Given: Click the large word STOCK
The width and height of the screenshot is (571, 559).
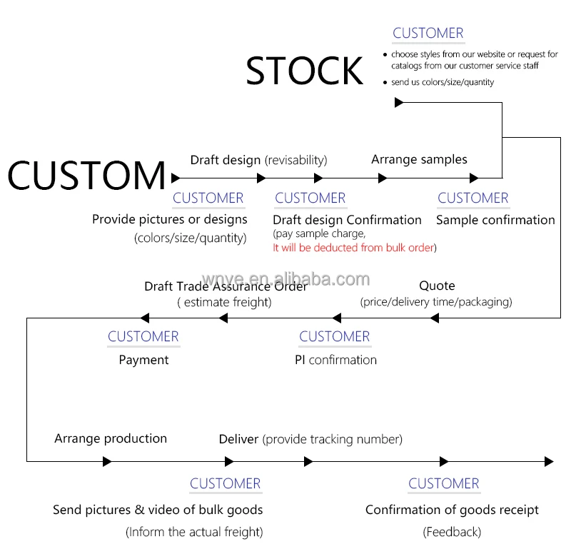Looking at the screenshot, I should point(305,71).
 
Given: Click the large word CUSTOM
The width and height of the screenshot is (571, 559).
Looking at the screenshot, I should point(86,176).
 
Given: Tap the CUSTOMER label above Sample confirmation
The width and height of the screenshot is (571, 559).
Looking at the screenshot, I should point(473,198).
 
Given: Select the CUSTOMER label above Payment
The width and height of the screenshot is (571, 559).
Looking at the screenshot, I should point(143,336).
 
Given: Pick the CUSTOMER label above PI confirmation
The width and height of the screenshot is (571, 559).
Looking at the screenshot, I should point(334,336).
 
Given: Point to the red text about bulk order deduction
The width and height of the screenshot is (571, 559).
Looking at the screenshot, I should point(354,248).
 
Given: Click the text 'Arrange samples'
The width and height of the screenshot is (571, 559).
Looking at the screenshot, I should point(419,159).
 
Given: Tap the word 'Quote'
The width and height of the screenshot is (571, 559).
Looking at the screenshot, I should point(437,286).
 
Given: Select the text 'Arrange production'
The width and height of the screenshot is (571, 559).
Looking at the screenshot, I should point(111,438).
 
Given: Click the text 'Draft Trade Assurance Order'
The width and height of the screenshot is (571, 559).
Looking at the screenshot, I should point(226,286).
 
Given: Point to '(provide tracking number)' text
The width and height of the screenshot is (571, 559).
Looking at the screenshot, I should point(333,439).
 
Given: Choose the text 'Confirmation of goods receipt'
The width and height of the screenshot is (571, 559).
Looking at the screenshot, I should point(452,510).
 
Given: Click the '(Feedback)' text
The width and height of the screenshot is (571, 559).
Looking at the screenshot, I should point(452,532).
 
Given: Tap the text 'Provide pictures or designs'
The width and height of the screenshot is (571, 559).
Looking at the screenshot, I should point(170,219).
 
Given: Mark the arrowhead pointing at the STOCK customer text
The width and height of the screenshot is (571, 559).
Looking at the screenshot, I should point(399,103).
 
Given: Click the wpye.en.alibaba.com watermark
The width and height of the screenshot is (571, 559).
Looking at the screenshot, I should point(285,278).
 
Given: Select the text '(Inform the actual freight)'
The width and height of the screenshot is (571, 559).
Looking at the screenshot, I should point(194,532).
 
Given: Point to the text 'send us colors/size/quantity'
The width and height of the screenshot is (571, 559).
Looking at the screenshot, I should point(443,82).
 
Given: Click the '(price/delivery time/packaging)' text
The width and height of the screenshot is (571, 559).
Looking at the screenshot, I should point(436,302).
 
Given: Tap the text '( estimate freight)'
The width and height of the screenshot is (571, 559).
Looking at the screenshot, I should point(224,302).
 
